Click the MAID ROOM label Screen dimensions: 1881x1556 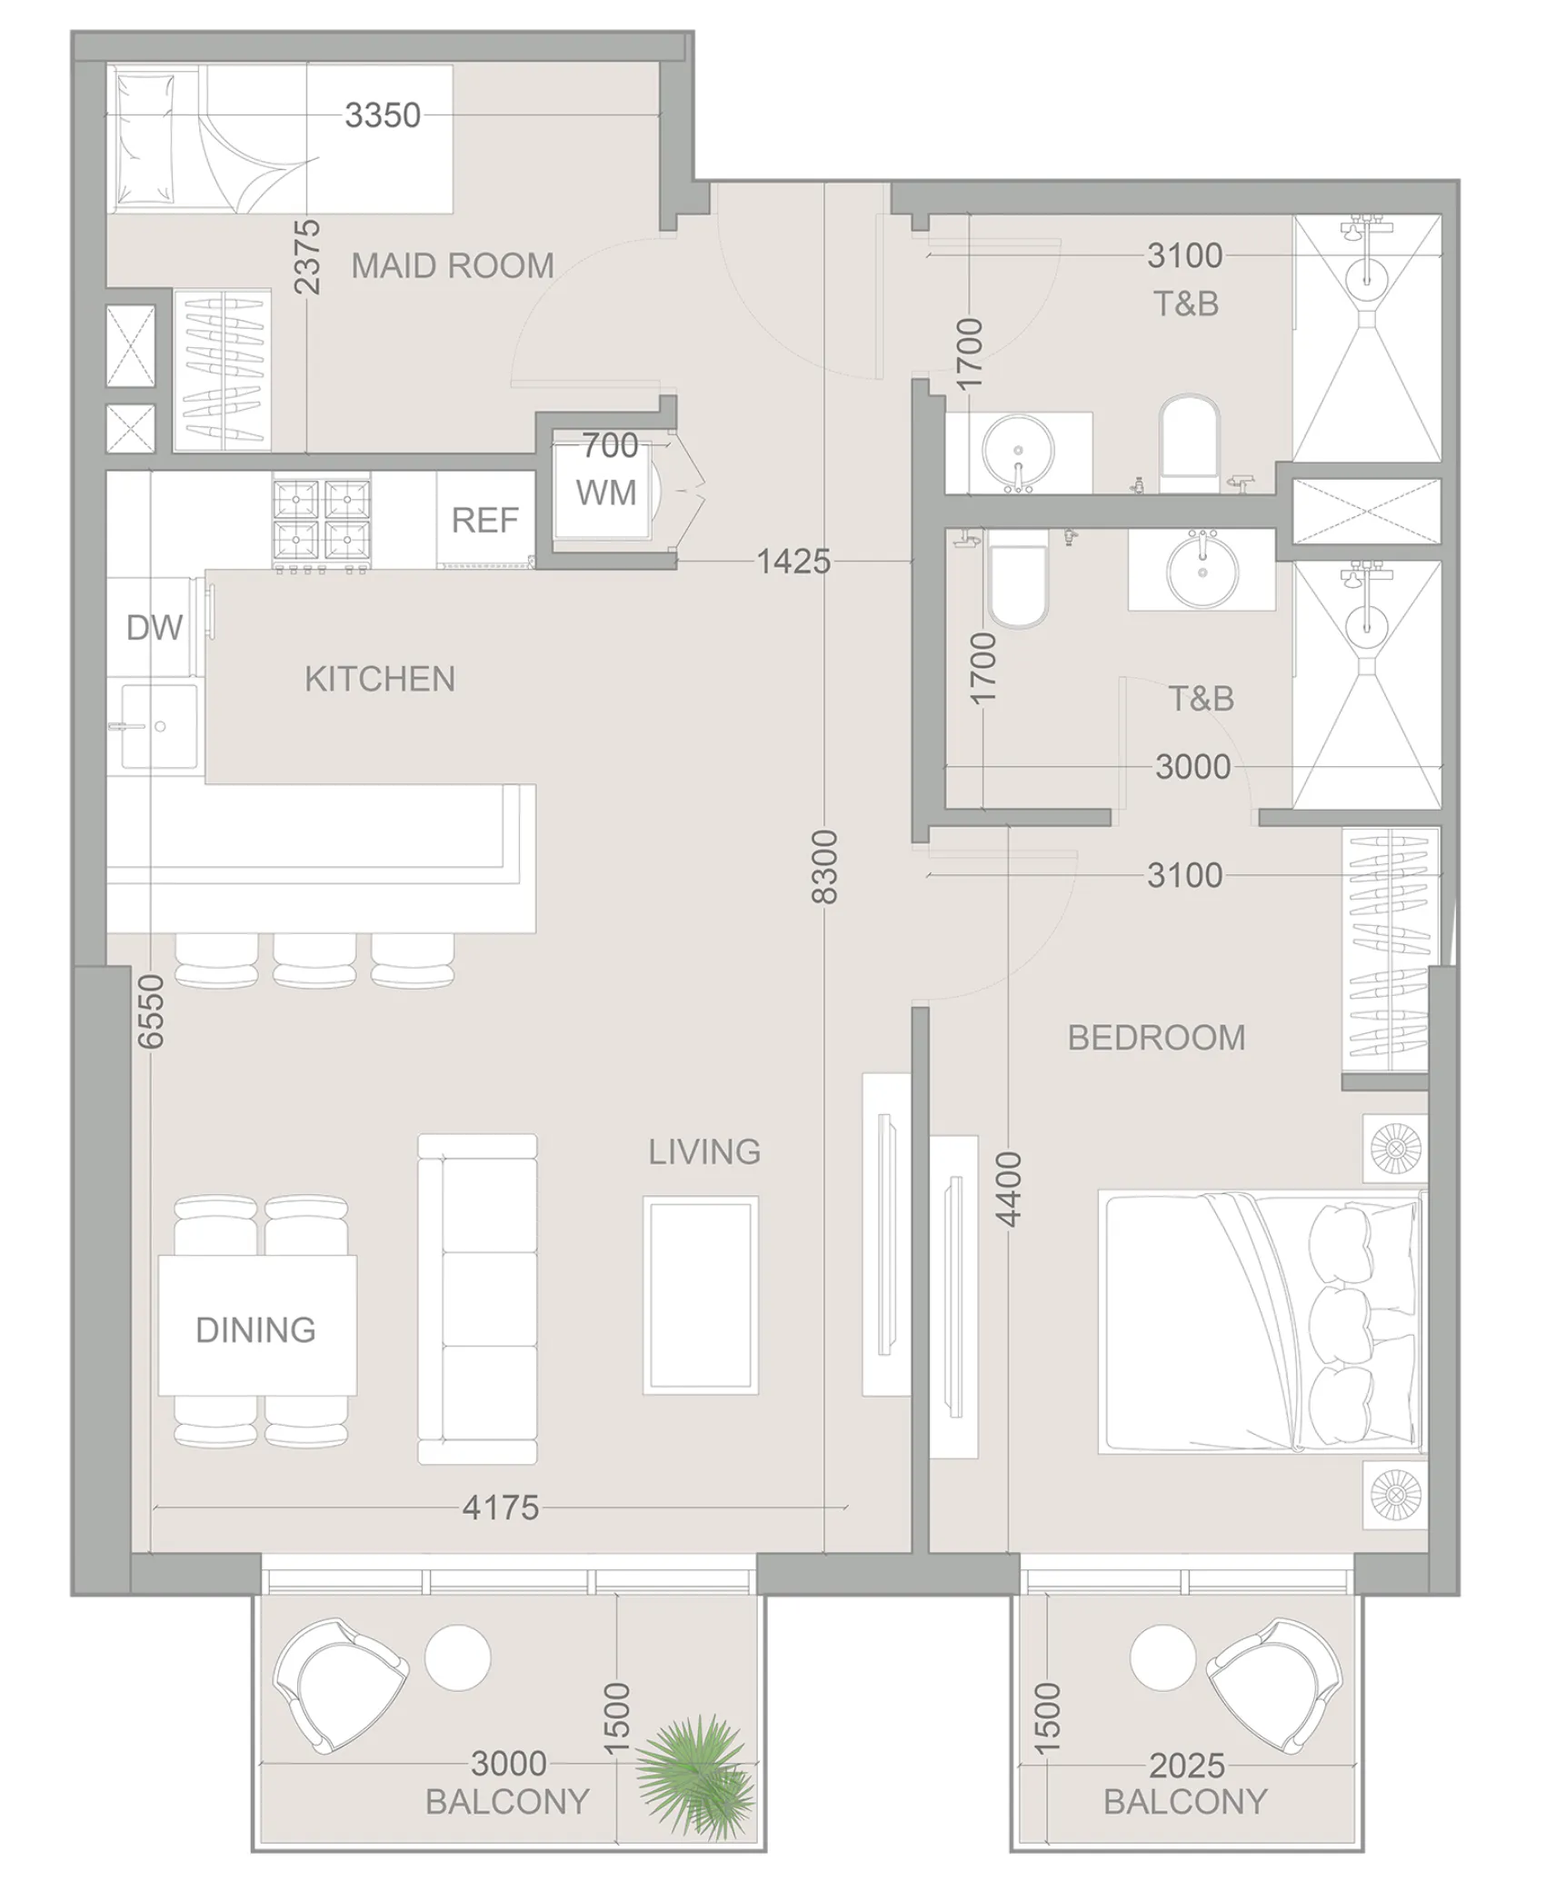pyautogui.click(x=452, y=265)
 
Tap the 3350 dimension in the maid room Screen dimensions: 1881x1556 pyautogui.click(x=383, y=115)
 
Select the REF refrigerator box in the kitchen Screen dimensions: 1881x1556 pyautogui.click(x=484, y=520)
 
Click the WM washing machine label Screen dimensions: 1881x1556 pyautogui.click(x=605, y=493)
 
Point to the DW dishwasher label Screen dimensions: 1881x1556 pyautogui.click(x=154, y=627)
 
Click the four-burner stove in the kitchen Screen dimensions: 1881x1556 pyautogui.click(x=321, y=520)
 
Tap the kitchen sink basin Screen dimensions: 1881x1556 pyautogui.click(x=160, y=726)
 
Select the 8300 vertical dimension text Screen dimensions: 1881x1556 pyautogui.click(x=823, y=866)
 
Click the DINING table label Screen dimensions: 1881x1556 pyautogui.click(x=256, y=1329)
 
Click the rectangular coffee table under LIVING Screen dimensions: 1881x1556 pyautogui.click(x=701, y=1295)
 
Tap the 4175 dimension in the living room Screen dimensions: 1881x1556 pyautogui.click(x=500, y=1508)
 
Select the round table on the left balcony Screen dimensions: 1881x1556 pyautogui.click(x=458, y=1657)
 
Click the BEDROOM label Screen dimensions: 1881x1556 pyautogui.click(x=1155, y=1038)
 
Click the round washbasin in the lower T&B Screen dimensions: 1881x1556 pyautogui.click(x=1202, y=572)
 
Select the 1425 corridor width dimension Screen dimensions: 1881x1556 pyautogui.click(x=793, y=562)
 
